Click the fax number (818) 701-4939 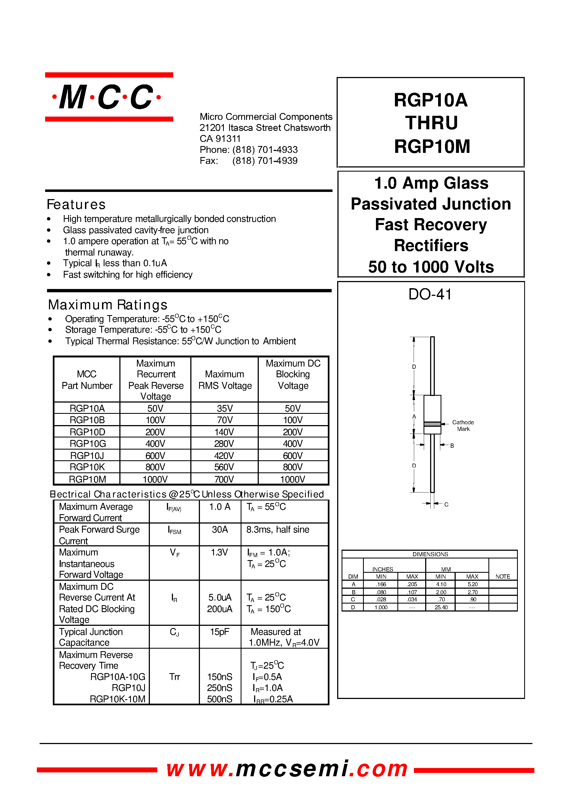pyautogui.click(x=265, y=161)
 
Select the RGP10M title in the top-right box pyautogui.click(x=432, y=147)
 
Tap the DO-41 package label pyautogui.click(x=430, y=294)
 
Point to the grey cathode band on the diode pyautogui.click(x=432, y=424)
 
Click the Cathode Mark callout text pyautogui.click(x=463, y=426)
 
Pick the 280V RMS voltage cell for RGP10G pyautogui.click(x=224, y=444)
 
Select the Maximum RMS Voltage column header pyautogui.click(x=225, y=380)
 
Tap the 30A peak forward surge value pyautogui.click(x=220, y=529)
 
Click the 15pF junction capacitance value pyautogui.click(x=219, y=632)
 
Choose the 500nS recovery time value pyautogui.click(x=219, y=699)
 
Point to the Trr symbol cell pyautogui.click(x=174, y=676)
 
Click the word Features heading pyautogui.click(x=76, y=205)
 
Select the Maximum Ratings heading pyautogui.click(x=108, y=305)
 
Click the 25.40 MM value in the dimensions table pyautogui.click(x=441, y=607)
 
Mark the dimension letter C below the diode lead pyautogui.click(x=446, y=505)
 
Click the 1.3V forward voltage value pyautogui.click(x=219, y=552)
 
